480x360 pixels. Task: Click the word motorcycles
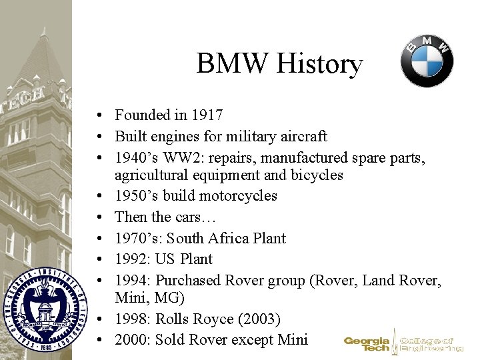click(x=237, y=196)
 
